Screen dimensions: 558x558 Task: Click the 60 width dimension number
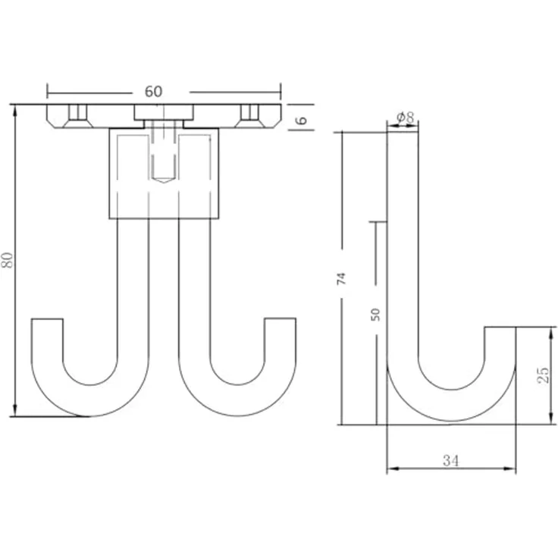coord(153,92)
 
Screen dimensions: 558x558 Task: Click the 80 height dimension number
coord(7,260)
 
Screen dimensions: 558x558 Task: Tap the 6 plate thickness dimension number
coord(302,120)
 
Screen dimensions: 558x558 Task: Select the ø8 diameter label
coord(406,117)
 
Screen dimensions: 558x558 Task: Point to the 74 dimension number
coord(341,278)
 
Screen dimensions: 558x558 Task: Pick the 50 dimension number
coord(375,315)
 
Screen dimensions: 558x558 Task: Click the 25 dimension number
coord(543,375)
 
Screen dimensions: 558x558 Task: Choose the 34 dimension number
coord(451,461)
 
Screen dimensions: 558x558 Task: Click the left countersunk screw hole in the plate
coord(77,116)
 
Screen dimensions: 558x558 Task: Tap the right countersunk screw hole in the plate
coord(249,116)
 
